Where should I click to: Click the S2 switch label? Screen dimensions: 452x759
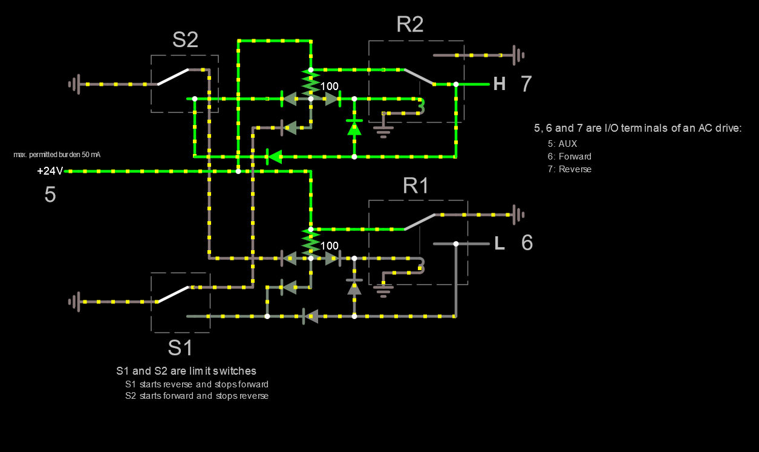185,40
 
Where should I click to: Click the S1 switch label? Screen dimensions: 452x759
180,348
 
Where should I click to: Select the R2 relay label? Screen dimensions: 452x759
409,25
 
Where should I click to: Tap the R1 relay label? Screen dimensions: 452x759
415,186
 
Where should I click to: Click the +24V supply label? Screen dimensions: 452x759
50,171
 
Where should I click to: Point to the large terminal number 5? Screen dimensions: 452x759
50,195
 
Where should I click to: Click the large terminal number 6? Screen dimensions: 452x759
527,243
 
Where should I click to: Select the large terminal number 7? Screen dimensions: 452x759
526,84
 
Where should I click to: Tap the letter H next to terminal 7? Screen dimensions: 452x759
499,84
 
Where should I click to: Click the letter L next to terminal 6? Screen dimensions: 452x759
499,244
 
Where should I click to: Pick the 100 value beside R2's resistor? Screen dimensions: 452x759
330,86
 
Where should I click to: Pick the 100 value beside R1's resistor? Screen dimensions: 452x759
330,246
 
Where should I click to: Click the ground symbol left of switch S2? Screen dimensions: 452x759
74,84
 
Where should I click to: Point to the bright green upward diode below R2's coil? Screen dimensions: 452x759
354,128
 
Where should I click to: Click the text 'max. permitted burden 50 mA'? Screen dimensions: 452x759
56,155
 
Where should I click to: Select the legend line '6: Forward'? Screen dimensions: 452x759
569,157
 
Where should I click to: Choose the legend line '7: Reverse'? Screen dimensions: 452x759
569,169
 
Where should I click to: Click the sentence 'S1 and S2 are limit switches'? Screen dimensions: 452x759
186,371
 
